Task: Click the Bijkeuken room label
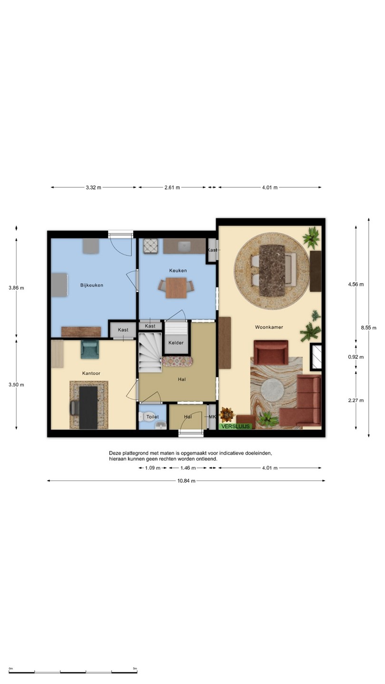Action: pyautogui.click(x=92, y=285)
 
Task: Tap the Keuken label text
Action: pyautogui.click(x=178, y=271)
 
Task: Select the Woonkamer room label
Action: pyautogui.click(x=269, y=327)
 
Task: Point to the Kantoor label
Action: pyautogui.click(x=91, y=373)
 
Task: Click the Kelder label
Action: pyautogui.click(x=176, y=342)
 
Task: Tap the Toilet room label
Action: pyautogui.click(x=153, y=417)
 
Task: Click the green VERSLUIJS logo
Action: pyautogui.click(x=236, y=426)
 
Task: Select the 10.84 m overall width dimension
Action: pyautogui.click(x=186, y=481)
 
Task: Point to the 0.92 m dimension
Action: pyautogui.click(x=356, y=357)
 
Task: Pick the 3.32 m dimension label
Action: pyautogui.click(x=94, y=188)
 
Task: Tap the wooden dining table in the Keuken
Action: pyautogui.click(x=176, y=288)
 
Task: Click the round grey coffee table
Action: pyautogui.click(x=272, y=389)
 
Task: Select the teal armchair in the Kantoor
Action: pyautogui.click(x=90, y=350)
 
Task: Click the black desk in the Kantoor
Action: pyautogui.click(x=88, y=408)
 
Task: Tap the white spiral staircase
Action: pyautogui.click(x=150, y=352)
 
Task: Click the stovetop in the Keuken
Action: pyautogui.click(x=151, y=246)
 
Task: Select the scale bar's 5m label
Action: pyautogui.click(x=135, y=668)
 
